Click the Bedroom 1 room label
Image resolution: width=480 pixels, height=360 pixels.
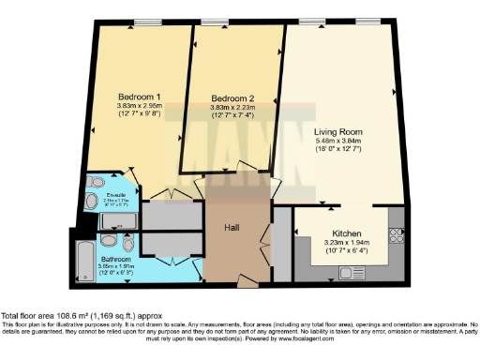pos(139,97)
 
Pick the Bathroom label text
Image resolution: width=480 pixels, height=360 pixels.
pos(116,258)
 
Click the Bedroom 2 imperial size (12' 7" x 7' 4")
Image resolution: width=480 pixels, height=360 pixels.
pos(232,117)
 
